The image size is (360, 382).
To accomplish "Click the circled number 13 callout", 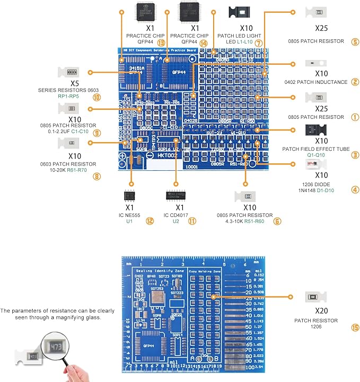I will (160, 42).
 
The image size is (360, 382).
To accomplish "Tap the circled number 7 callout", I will (258, 42).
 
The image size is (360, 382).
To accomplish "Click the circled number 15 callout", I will (355, 328).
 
